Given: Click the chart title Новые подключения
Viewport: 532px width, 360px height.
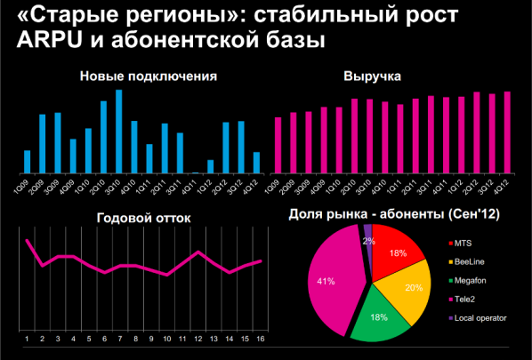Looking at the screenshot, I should [x=149, y=76].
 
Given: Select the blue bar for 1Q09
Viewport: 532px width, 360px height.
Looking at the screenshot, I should [x=28, y=161].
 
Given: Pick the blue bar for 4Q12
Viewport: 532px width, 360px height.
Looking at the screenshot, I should [x=256, y=162].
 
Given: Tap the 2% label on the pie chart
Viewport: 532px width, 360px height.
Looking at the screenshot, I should [x=367, y=241].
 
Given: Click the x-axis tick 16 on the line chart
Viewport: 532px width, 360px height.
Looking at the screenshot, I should [x=261, y=339].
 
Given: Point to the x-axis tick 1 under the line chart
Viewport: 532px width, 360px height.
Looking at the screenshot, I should [x=28, y=339].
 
